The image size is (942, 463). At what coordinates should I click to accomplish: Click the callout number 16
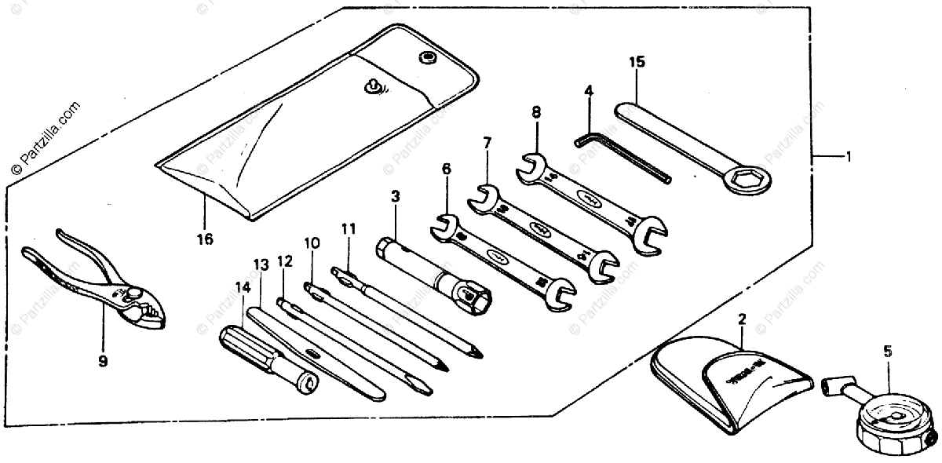coord(204,239)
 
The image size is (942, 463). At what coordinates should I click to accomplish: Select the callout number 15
coord(637,62)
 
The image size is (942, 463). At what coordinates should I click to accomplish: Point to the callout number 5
coord(888,352)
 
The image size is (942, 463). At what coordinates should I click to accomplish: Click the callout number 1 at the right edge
coord(847,156)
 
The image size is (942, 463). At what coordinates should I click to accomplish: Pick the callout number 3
coord(395,194)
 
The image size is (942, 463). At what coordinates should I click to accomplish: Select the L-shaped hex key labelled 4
coord(620,157)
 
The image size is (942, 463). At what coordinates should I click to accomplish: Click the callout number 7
coord(487,144)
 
